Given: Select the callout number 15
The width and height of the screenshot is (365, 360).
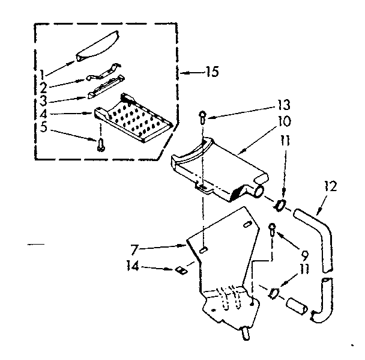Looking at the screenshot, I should point(210,73).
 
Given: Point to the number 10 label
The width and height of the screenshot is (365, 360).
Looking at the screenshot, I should point(285,121).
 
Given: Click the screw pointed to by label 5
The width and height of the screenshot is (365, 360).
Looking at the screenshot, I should point(101,143).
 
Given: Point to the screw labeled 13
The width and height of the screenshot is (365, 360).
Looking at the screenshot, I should point(203,118).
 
